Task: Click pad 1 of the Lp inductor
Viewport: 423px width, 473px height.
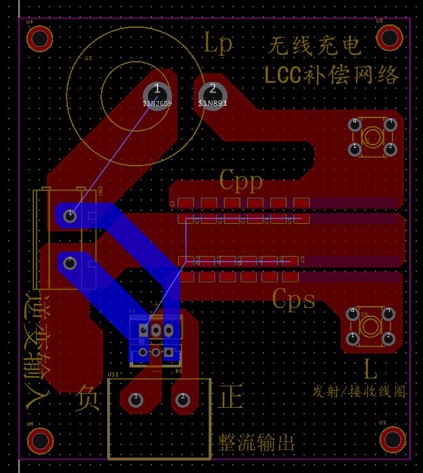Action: point(157,94)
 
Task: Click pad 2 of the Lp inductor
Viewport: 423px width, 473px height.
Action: point(213,94)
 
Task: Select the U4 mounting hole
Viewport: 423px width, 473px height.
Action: point(39,39)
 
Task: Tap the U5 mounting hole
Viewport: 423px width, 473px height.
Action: point(390,37)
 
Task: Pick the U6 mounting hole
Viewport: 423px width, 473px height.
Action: point(40,441)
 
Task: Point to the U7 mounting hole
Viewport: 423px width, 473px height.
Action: point(393,440)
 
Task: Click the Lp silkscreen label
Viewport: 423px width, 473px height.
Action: point(219,43)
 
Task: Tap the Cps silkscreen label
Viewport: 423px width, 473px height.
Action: point(293,299)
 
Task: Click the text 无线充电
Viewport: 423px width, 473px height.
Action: point(314,45)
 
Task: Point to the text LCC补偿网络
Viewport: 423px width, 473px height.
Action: point(332,75)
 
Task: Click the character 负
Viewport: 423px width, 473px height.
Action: point(88,398)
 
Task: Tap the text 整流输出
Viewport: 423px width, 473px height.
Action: point(257,443)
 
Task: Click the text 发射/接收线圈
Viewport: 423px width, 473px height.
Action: point(358,392)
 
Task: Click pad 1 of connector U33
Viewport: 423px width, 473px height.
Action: point(136,400)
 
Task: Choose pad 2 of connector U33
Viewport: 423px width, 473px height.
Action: point(183,400)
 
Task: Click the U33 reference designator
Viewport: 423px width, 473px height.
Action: point(113,374)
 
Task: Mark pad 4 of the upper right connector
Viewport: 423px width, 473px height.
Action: point(354,124)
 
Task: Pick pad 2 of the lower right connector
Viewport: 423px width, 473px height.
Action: point(388,337)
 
